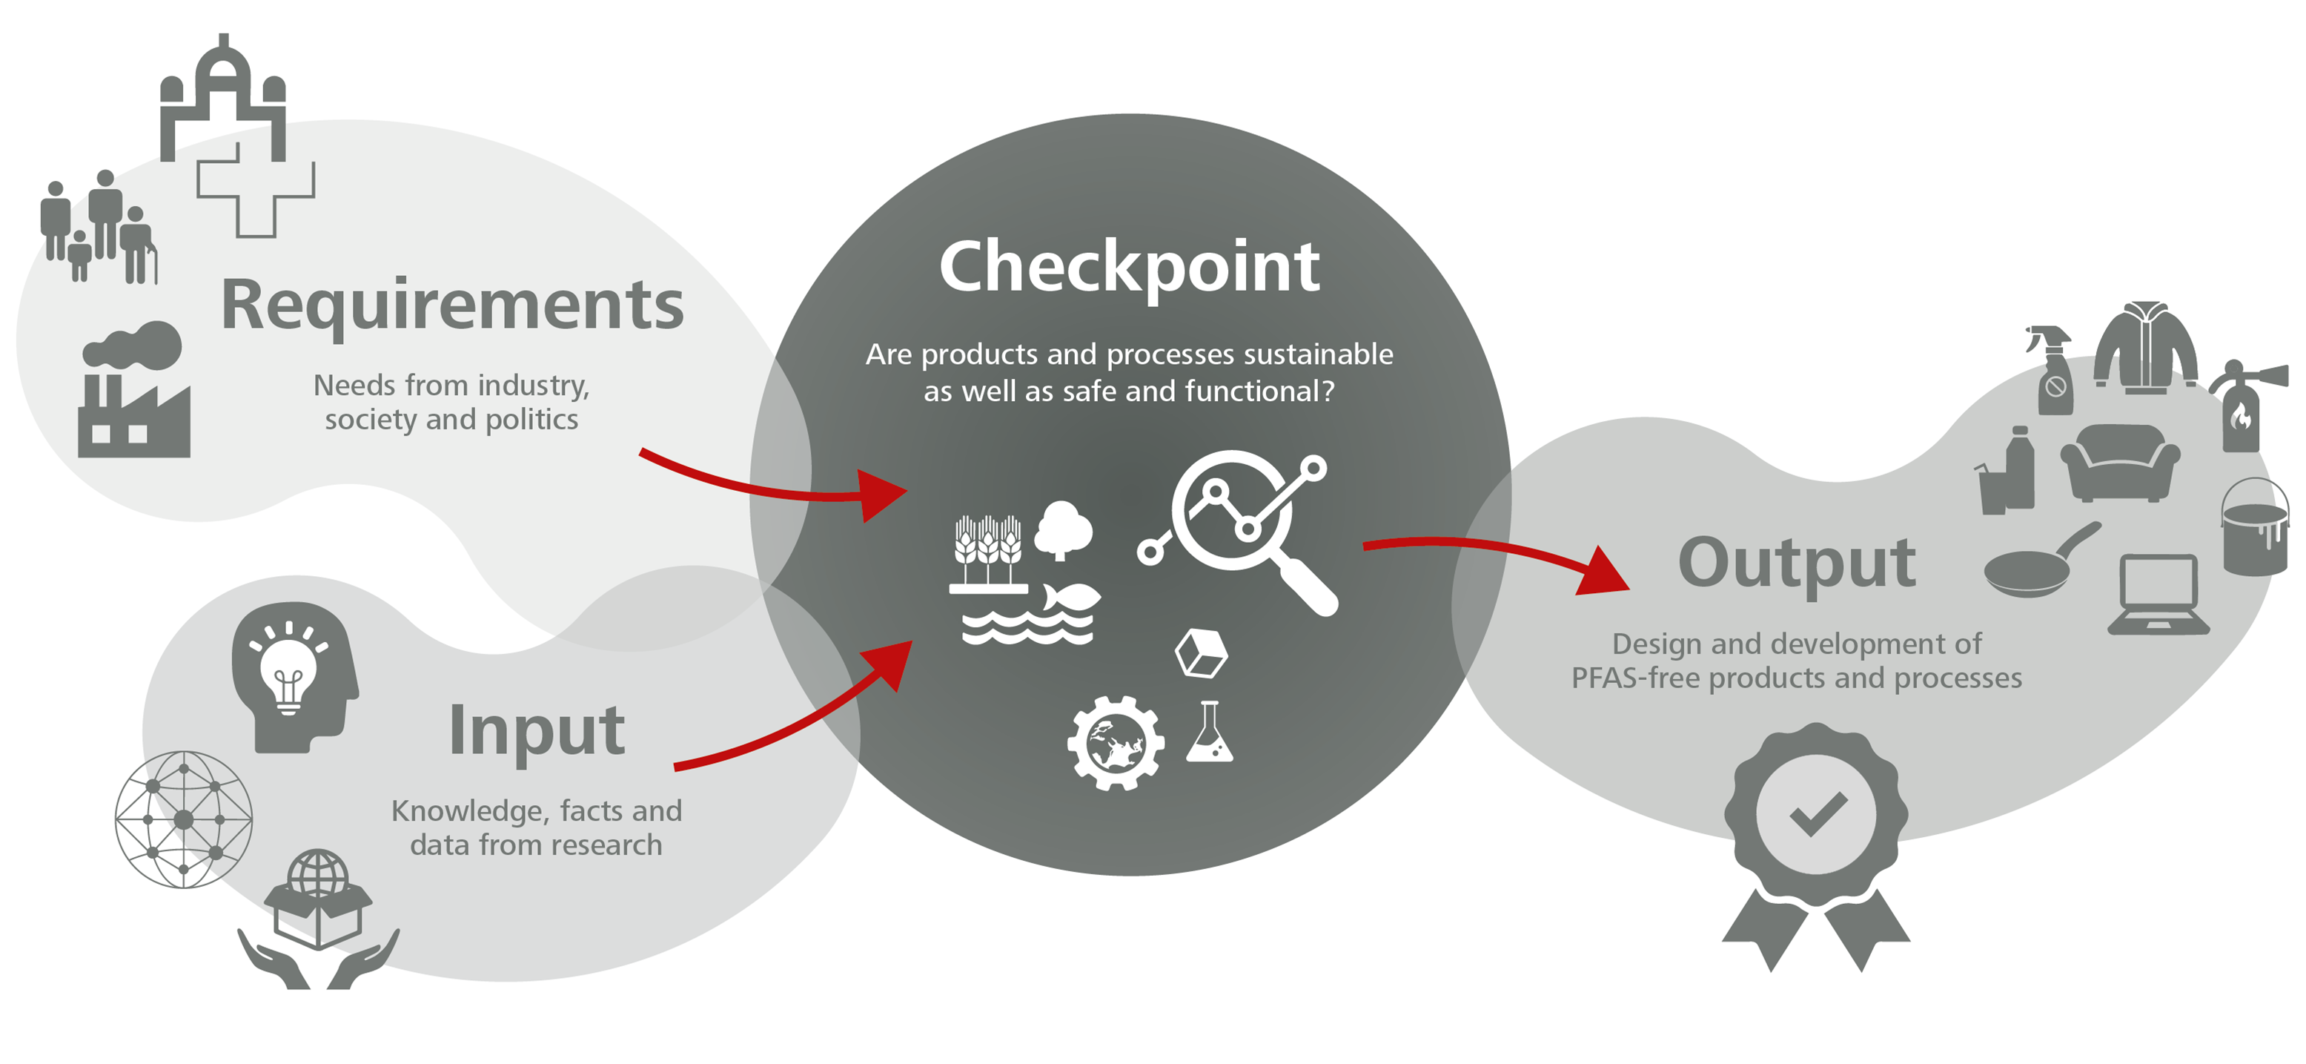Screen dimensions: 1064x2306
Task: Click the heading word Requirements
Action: [452, 306]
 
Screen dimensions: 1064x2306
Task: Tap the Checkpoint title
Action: [1129, 266]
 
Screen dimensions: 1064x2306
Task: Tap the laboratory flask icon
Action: [1210, 733]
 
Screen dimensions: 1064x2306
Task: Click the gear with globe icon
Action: [1116, 744]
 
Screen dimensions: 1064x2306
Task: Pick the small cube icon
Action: [1202, 653]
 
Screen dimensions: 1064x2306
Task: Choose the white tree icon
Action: [1063, 529]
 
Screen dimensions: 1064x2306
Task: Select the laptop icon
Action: [2158, 595]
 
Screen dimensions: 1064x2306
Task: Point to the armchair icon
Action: [2120, 461]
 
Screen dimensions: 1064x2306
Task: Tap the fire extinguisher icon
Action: [2242, 408]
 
